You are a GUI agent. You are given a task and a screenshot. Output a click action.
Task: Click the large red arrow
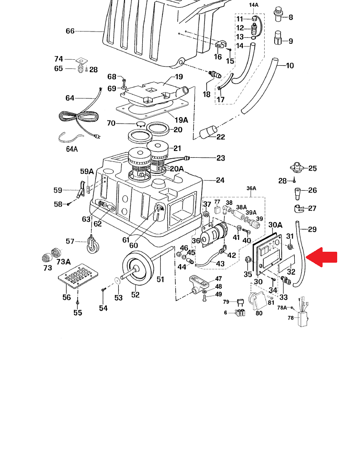click(321, 257)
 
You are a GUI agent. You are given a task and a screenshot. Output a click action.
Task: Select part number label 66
click(70, 31)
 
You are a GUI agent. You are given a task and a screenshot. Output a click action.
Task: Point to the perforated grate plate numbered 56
click(78, 275)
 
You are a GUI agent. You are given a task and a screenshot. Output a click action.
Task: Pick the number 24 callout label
click(220, 180)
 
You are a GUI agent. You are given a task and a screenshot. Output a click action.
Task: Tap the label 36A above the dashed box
click(251, 188)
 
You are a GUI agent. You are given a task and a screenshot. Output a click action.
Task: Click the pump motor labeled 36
click(214, 235)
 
